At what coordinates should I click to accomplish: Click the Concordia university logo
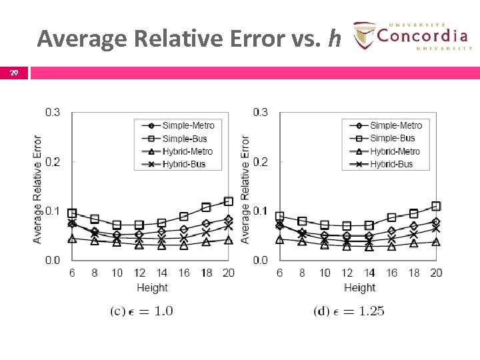click(412, 35)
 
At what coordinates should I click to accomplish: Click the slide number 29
click(13, 72)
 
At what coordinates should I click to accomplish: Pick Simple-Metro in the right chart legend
click(395, 125)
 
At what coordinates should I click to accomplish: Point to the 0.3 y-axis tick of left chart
click(53, 112)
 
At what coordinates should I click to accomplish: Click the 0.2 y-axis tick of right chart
click(260, 162)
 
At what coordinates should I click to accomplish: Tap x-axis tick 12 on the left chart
click(139, 273)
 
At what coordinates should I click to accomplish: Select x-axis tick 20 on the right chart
click(436, 273)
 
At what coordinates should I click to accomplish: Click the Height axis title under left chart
click(152, 288)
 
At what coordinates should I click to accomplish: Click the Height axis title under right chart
click(359, 288)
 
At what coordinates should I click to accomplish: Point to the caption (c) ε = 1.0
click(141, 311)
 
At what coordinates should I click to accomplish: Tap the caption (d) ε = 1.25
click(349, 311)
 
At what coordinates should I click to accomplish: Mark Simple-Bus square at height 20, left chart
click(229, 201)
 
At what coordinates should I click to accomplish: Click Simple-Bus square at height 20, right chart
click(436, 206)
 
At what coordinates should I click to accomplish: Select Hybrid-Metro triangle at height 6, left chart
click(72, 238)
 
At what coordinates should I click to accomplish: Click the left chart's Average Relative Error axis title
click(37, 189)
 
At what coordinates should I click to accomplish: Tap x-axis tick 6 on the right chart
click(279, 273)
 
